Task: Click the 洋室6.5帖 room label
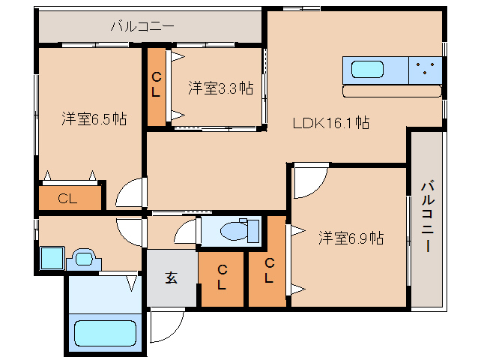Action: pyautogui.click(x=94, y=118)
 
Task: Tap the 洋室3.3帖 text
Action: pyautogui.click(x=220, y=88)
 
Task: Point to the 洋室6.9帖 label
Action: pyautogui.click(x=351, y=238)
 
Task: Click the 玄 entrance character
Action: pyautogui.click(x=172, y=277)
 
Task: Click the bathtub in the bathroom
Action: pyautogui.click(x=104, y=331)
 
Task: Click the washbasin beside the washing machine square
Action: pyautogui.click(x=84, y=259)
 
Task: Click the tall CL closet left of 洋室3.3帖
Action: pyautogui.click(x=157, y=85)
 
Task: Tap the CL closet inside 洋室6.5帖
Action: pyautogui.click(x=68, y=199)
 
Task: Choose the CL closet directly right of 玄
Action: pyautogui.click(x=222, y=277)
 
